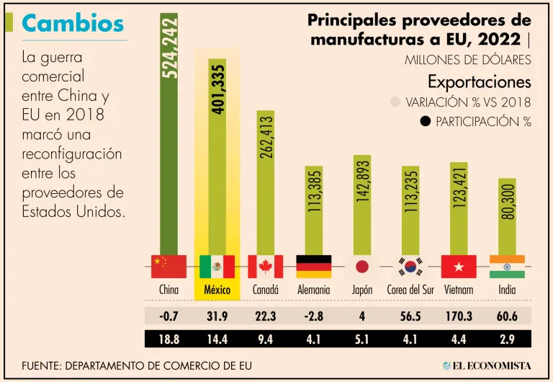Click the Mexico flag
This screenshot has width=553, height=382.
pyautogui.click(x=217, y=267)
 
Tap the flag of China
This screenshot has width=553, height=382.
pyautogui.click(x=168, y=267)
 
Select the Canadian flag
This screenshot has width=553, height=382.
pyautogui.click(x=265, y=267)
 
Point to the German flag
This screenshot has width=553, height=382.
pyautogui.click(x=314, y=267)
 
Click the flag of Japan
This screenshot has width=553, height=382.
pyautogui.click(x=361, y=267)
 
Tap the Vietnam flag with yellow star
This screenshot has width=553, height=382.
pyautogui.click(x=459, y=267)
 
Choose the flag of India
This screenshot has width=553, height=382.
pyautogui.click(x=507, y=267)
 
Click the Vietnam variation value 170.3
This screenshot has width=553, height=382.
pyautogui.click(x=459, y=315)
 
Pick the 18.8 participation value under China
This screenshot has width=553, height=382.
pyautogui.click(x=168, y=337)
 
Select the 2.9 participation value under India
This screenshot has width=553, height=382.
pyautogui.click(x=507, y=337)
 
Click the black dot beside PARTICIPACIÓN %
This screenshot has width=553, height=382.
pyautogui.click(x=425, y=121)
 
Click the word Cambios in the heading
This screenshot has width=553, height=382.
pyautogui.click(x=73, y=23)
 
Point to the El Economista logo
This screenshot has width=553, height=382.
pyautogui.click(x=487, y=365)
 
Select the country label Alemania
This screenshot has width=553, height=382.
pyautogui.click(x=313, y=290)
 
